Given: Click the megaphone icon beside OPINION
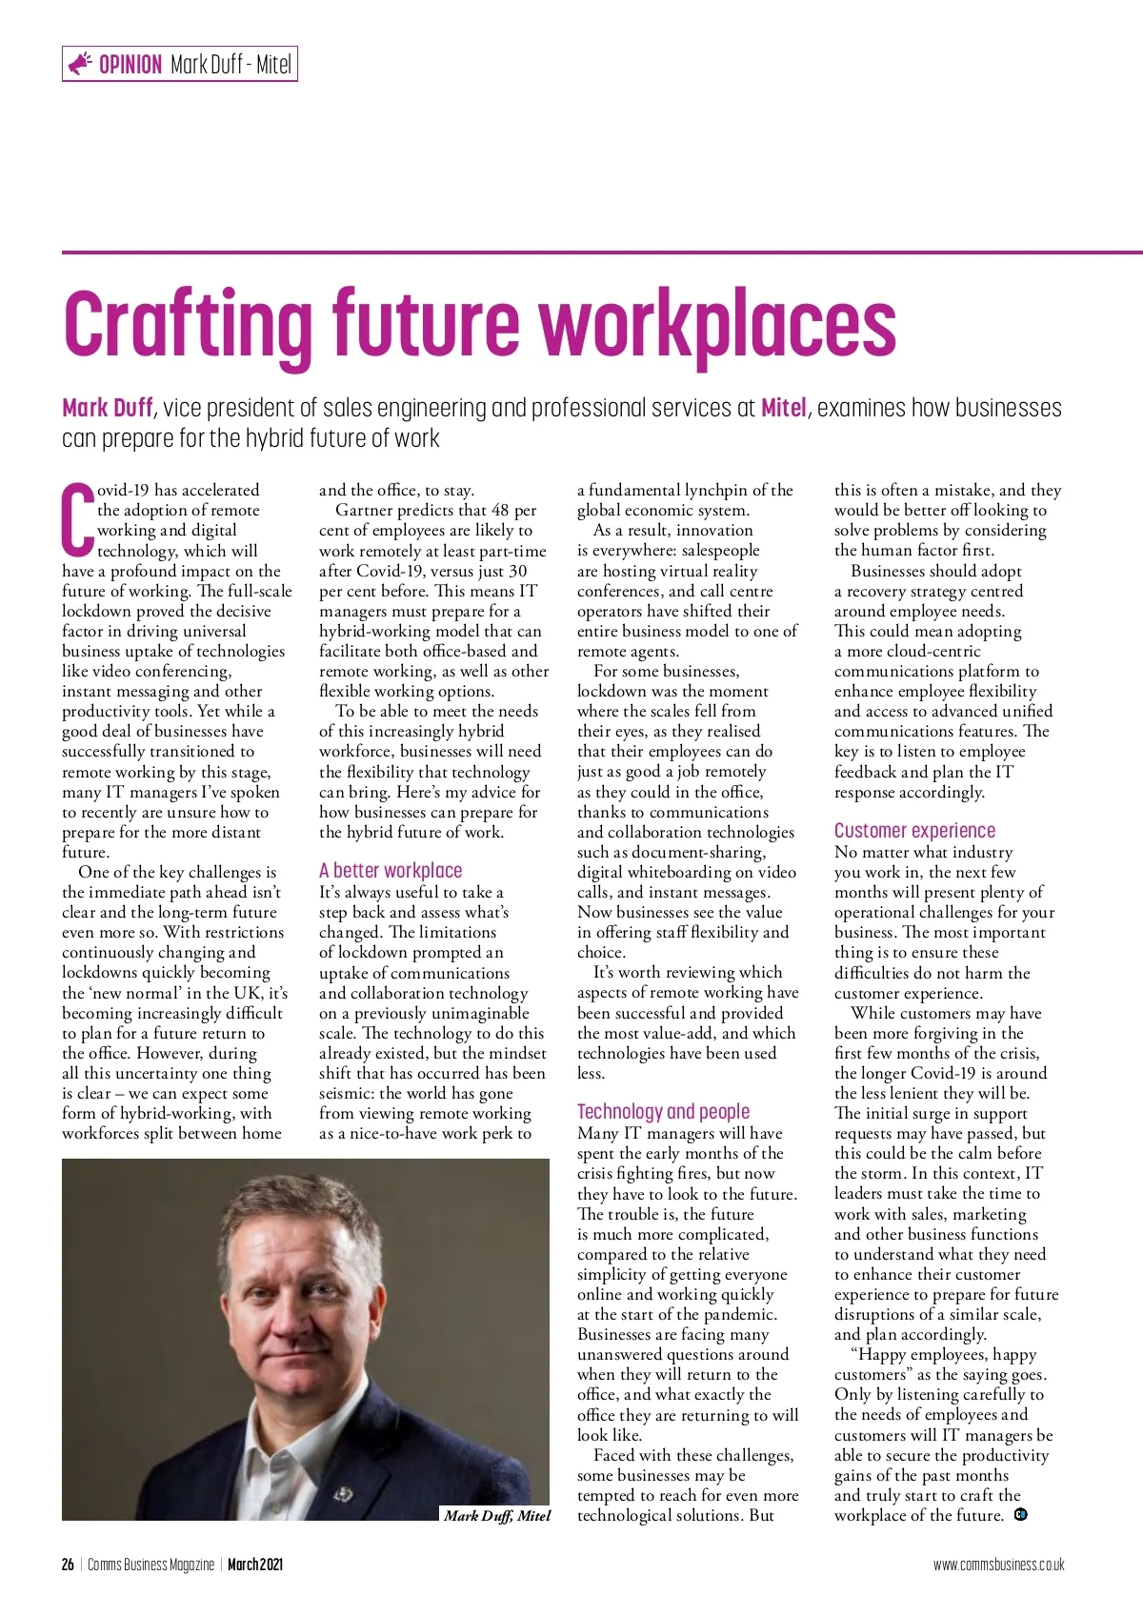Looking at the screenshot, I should [x=80, y=64].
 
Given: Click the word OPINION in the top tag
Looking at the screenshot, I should [x=130, y=65].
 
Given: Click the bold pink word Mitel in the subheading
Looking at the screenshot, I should [x=785, y=408].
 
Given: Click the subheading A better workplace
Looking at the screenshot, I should [x=391, y=870].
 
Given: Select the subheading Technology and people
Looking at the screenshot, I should [x=663, y=1111].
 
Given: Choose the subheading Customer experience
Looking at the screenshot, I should [x=914, y=830].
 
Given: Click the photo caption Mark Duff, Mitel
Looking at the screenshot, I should [x=497, y=1515].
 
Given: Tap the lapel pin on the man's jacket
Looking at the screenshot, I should [x=342, y=1493].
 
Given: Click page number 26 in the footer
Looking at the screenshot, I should [x=68, y=1565].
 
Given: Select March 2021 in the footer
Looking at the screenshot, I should [x=255, y=1565].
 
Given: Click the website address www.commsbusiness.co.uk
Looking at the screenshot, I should [x=998, y=1565].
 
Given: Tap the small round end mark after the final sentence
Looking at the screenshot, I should [x=1021, y=1514].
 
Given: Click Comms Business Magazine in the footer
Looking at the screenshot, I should [x=150, y=1565].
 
